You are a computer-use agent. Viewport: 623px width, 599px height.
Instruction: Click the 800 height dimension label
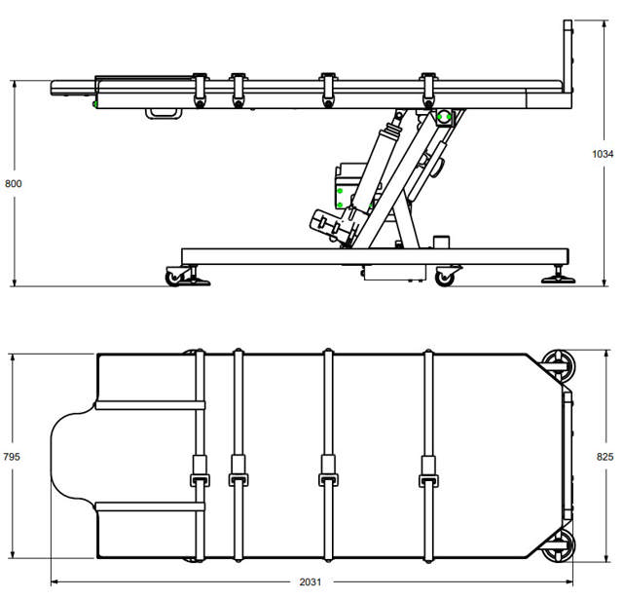[x=13, y=184]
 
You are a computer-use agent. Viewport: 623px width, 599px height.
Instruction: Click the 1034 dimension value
[x=603, y=154]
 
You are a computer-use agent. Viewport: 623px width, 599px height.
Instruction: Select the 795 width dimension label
[x=11, y=457]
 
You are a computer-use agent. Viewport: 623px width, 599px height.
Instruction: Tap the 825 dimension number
[x=605, y=457]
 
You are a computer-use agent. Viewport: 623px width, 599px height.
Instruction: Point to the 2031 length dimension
[x=310, y=581]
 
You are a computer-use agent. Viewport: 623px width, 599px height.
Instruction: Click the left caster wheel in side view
[x=173, y=278]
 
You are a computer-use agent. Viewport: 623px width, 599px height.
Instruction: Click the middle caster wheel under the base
[x=444, y=278]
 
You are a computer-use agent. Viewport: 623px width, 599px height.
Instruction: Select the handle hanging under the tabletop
[x=164, y=114]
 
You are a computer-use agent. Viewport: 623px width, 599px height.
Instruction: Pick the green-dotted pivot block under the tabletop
[x=444, y=117]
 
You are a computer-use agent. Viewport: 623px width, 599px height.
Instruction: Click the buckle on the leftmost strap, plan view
[x=200, y=480]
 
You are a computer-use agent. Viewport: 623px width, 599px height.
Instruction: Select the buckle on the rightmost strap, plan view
[x=428, y=480]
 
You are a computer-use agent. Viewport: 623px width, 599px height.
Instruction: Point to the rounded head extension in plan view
[x=74, y=456]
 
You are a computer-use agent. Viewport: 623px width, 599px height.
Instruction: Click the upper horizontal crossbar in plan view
[x=150, y=405]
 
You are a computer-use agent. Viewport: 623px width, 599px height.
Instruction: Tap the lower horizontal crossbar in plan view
[x=150, y=506]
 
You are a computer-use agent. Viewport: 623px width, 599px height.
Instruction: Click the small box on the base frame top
[x=441, y=243]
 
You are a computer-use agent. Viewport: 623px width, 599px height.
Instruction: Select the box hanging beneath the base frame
[x=394, y=273]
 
